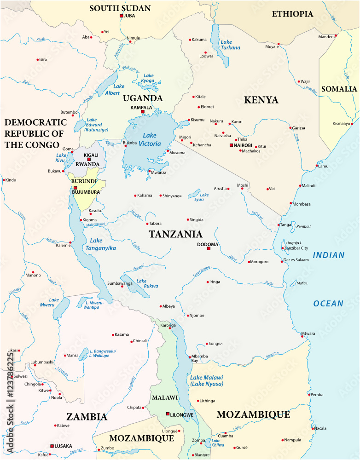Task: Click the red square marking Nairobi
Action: point(232,145)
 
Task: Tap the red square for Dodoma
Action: point(209,248)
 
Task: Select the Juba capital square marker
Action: point(122,16)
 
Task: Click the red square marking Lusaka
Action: point(52,446)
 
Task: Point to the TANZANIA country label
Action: point(176,234)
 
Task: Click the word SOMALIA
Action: point(339,89)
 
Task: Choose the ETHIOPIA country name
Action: point(292,14)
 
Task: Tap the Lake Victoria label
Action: point(151,139)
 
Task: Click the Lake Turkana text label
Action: point(230,45)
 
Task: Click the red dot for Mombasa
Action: point(291,203)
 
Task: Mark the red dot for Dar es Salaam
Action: point(282,261)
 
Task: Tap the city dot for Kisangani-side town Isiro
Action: point(38,59)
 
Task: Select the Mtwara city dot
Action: point(302,337)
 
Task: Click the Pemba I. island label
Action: point(304,226)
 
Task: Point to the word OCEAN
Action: point(328,303)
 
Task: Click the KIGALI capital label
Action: point(91,155)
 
